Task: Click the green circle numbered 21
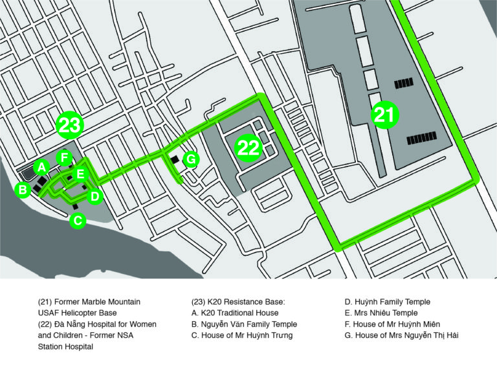click(384, 115)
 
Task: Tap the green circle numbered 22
click(248, 148)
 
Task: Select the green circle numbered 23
click(70, 125)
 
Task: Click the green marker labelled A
click(42, 167)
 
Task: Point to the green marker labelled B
click(23, 190)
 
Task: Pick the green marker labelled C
click(78, 220)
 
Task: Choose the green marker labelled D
click(94, 196)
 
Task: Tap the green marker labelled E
click(80, 174)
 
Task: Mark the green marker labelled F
click(64, 157)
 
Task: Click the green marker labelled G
click(191, 159)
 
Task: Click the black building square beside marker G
click(175, 159)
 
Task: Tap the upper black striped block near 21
click(404, 83)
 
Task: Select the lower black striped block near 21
click(421, 139)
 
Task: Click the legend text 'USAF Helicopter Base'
click(78, 313)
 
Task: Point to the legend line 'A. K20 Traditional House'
click(235, 313)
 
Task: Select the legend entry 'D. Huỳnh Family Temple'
click(388, 302)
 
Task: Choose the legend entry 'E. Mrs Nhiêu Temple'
click(381, 313)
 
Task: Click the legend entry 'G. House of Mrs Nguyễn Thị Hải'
click(402, 335)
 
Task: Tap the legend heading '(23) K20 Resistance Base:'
click(238, 302)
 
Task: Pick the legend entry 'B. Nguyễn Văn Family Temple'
click(245, 324)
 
